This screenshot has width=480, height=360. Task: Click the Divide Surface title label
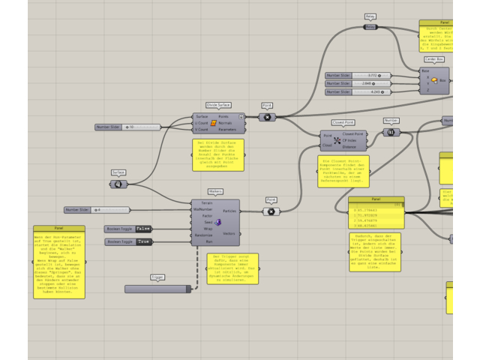(218, 105)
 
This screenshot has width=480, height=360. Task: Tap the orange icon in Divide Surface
(214, 123)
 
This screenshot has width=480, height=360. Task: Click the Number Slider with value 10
(127, 127)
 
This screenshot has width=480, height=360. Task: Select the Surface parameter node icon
(118, 184)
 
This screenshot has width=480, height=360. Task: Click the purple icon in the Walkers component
(217, 222)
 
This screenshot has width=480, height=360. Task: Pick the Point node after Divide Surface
(267, 117)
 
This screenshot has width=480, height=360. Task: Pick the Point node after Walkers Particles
(271, 211)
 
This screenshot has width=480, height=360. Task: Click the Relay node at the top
(370, 27)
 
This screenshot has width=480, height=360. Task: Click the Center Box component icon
(434, 79)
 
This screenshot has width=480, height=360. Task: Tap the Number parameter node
(391, 132)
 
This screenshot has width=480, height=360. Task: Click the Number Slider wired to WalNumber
(97, 210)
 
